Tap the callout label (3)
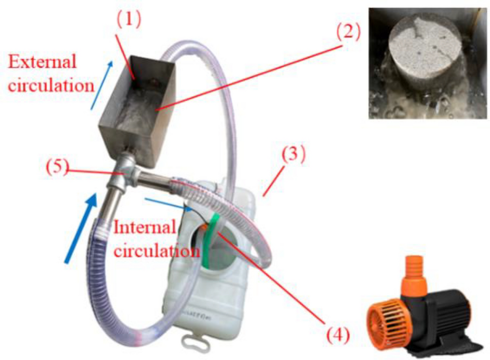tap(293, 155)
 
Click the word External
tap(42, 62)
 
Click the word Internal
tap(145, 227)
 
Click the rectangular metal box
tap(137, 105)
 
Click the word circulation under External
tap(51, 85)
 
